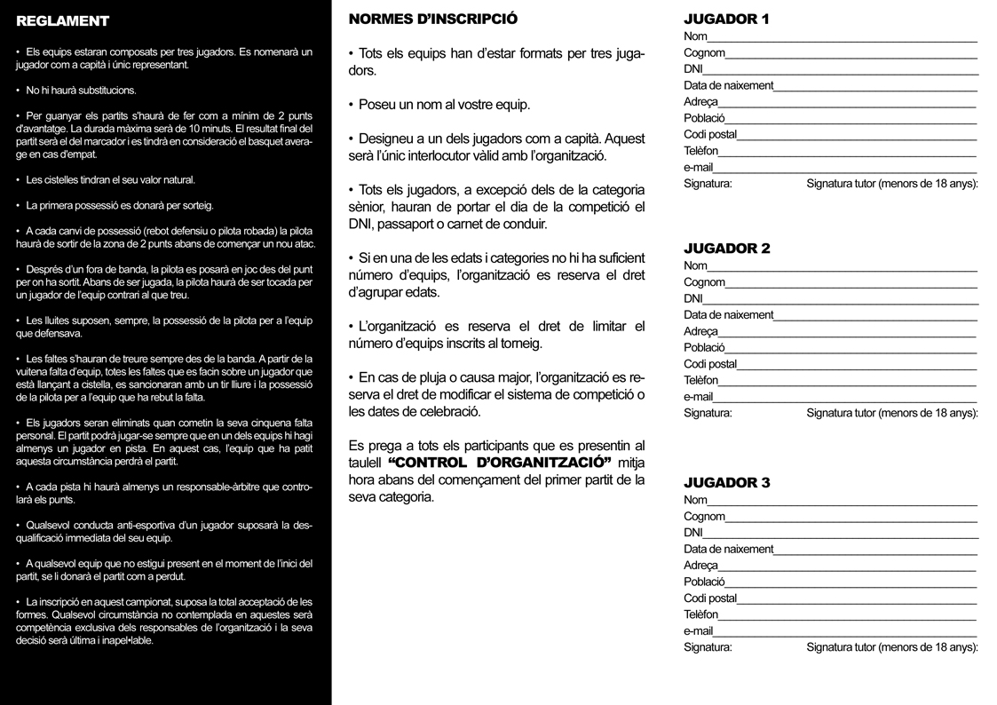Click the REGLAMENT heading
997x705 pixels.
pos(62,21)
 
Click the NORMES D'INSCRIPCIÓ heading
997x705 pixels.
pos(433,19)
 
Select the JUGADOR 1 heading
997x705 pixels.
pos(726,19)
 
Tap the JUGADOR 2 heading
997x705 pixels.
pos(726,249)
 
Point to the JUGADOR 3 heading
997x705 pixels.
pos(726,483)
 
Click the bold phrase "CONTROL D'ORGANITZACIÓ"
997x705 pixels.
pos(501,463)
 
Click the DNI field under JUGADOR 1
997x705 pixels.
pos(839,69)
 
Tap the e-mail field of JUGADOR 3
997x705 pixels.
pos(844,631)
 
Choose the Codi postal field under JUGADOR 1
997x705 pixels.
pos(856,135)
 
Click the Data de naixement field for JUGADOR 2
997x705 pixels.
pos(874,315)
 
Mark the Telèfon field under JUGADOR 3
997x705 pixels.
pos(847,614)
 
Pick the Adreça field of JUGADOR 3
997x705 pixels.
pos(847,566)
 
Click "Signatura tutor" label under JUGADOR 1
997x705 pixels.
pos(891,184)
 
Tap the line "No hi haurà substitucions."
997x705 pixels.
pos(81,91)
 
